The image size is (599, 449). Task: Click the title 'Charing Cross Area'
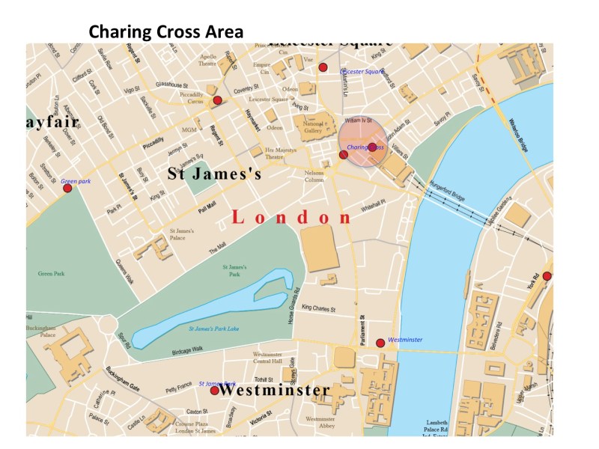click(165, 32)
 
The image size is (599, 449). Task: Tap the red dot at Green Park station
click(67, 188)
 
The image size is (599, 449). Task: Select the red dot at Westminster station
click(380, 342)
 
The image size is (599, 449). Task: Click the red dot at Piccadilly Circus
click(217, 100)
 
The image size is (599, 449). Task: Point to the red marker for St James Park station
click(214, 390)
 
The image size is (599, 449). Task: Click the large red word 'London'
click(291, 218)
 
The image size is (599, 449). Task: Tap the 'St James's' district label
click(214, 175)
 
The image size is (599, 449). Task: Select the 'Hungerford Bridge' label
click(447, 192)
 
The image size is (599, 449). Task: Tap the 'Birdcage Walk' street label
click(187, 350)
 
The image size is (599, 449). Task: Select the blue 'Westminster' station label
click(406, 340)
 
